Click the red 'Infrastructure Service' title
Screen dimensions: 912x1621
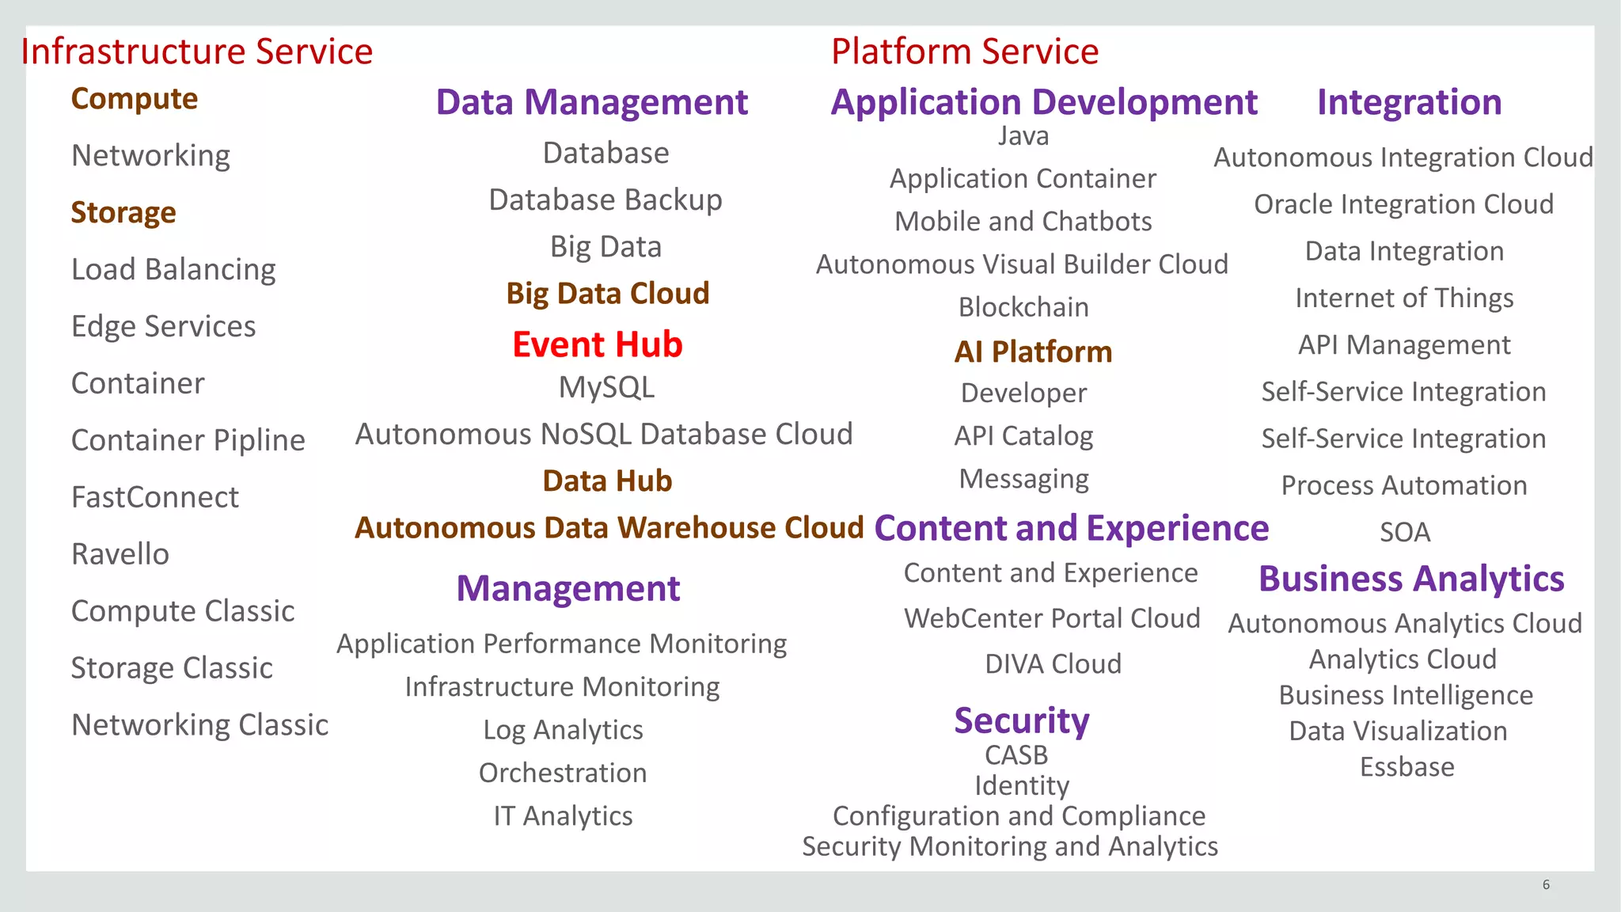coord(196,51)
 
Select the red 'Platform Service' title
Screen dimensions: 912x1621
coord(964,51)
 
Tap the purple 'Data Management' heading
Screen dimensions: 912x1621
coord(591,102)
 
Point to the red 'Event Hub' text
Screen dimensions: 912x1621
coord(597,344)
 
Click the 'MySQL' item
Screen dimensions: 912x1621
coord(606,388)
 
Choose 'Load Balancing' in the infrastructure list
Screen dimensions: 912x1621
coord(173,269)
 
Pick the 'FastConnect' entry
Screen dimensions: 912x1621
coord(155,497)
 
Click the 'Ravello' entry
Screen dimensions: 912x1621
coord(120,554)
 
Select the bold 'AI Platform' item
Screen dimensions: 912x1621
coord(1033,351)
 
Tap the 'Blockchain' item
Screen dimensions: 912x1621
coord(1023,307)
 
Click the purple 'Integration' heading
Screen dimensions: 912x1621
coord(1409,102)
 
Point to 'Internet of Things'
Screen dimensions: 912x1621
coord(1404,298)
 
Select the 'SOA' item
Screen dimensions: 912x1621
coord(1405,532)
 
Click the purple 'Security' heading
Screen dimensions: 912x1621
coord(1021,720)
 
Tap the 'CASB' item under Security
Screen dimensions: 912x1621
coord(1016,755)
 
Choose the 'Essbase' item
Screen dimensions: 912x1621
coord(1407,767)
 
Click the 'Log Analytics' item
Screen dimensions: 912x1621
coord(563,730)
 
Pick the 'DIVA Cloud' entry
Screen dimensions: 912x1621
coord(1053,663)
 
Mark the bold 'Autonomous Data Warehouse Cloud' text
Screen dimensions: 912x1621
coord(609,528)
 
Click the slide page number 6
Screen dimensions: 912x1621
coord(1546,885)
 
